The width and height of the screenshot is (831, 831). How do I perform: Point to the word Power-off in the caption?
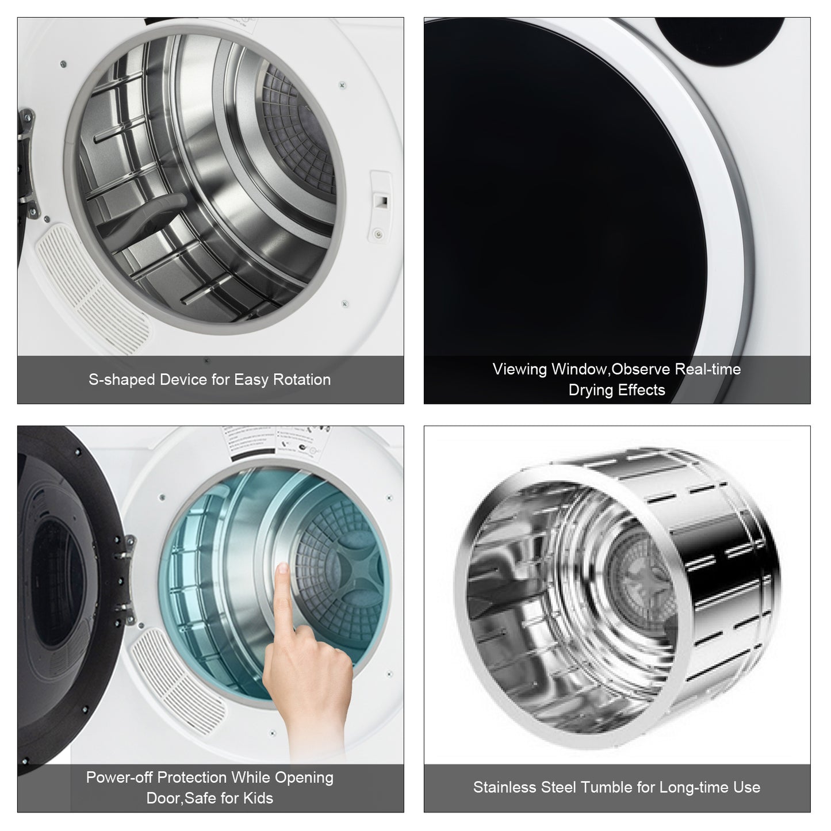119,778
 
